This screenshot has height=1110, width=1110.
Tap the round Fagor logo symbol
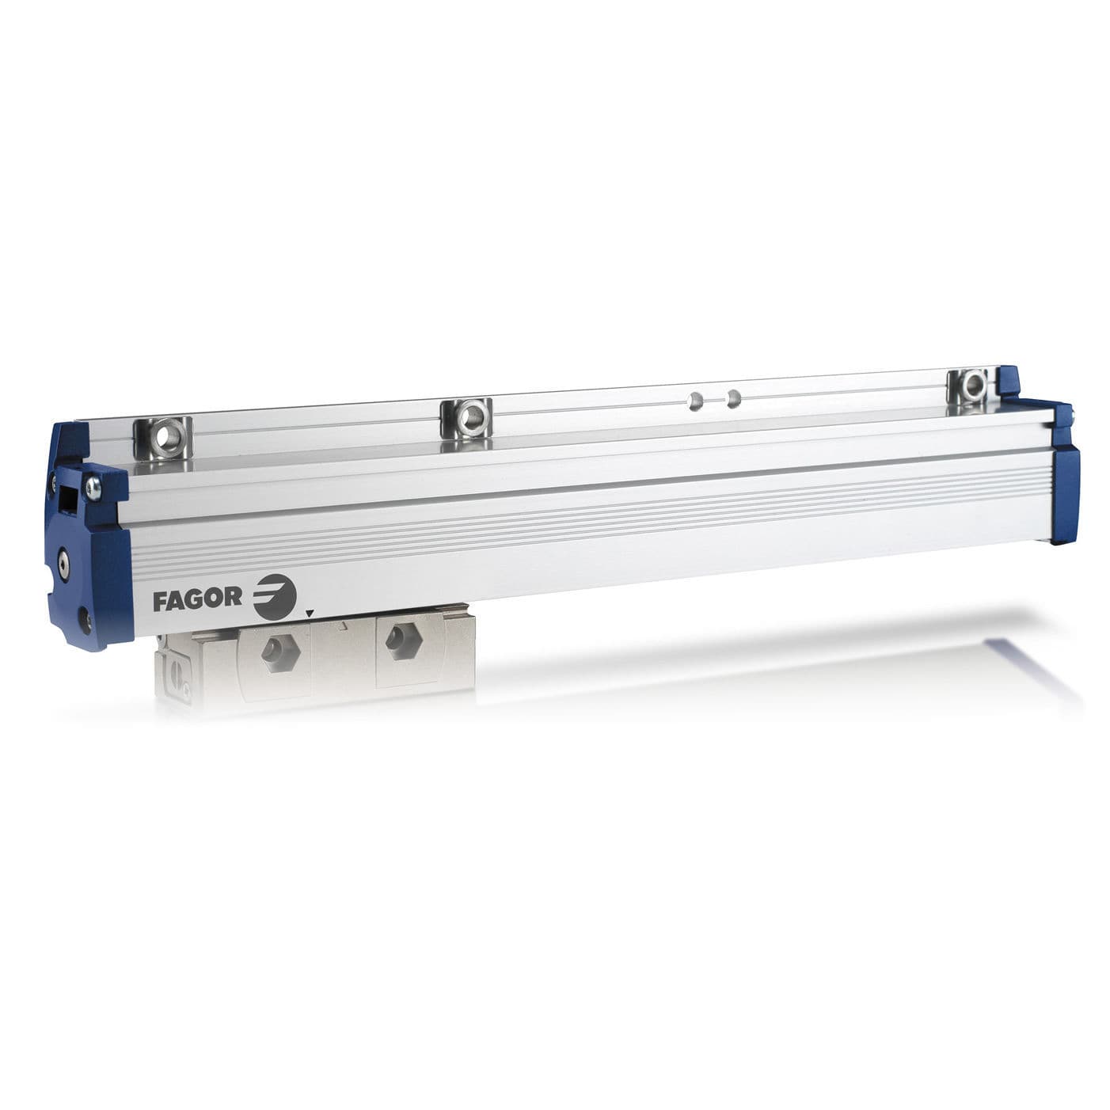point(275,595)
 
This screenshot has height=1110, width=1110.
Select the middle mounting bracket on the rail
point(468,412)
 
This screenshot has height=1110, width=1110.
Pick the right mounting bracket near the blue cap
point(970,386)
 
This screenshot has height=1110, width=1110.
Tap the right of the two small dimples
point(734,396)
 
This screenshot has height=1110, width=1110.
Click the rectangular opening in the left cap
point(67,499)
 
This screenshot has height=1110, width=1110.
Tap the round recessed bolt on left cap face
point(63,563)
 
